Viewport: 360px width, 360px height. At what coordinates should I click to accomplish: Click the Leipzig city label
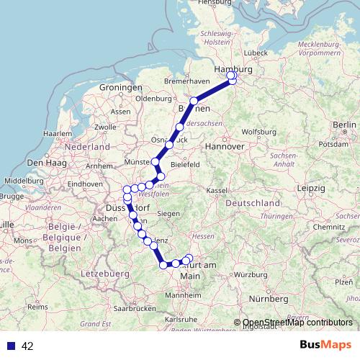(x=310, y=188)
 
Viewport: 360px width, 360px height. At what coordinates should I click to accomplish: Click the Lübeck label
(x=256, y=53)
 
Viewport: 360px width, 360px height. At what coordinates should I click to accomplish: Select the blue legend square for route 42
(x=11, y=346)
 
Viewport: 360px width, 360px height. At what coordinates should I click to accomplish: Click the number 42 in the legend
(x=27, y=346)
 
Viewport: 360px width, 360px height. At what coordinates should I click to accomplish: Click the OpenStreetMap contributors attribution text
(x=297, y=323)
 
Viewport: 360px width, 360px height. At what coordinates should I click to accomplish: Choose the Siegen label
(x=168, y=214)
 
